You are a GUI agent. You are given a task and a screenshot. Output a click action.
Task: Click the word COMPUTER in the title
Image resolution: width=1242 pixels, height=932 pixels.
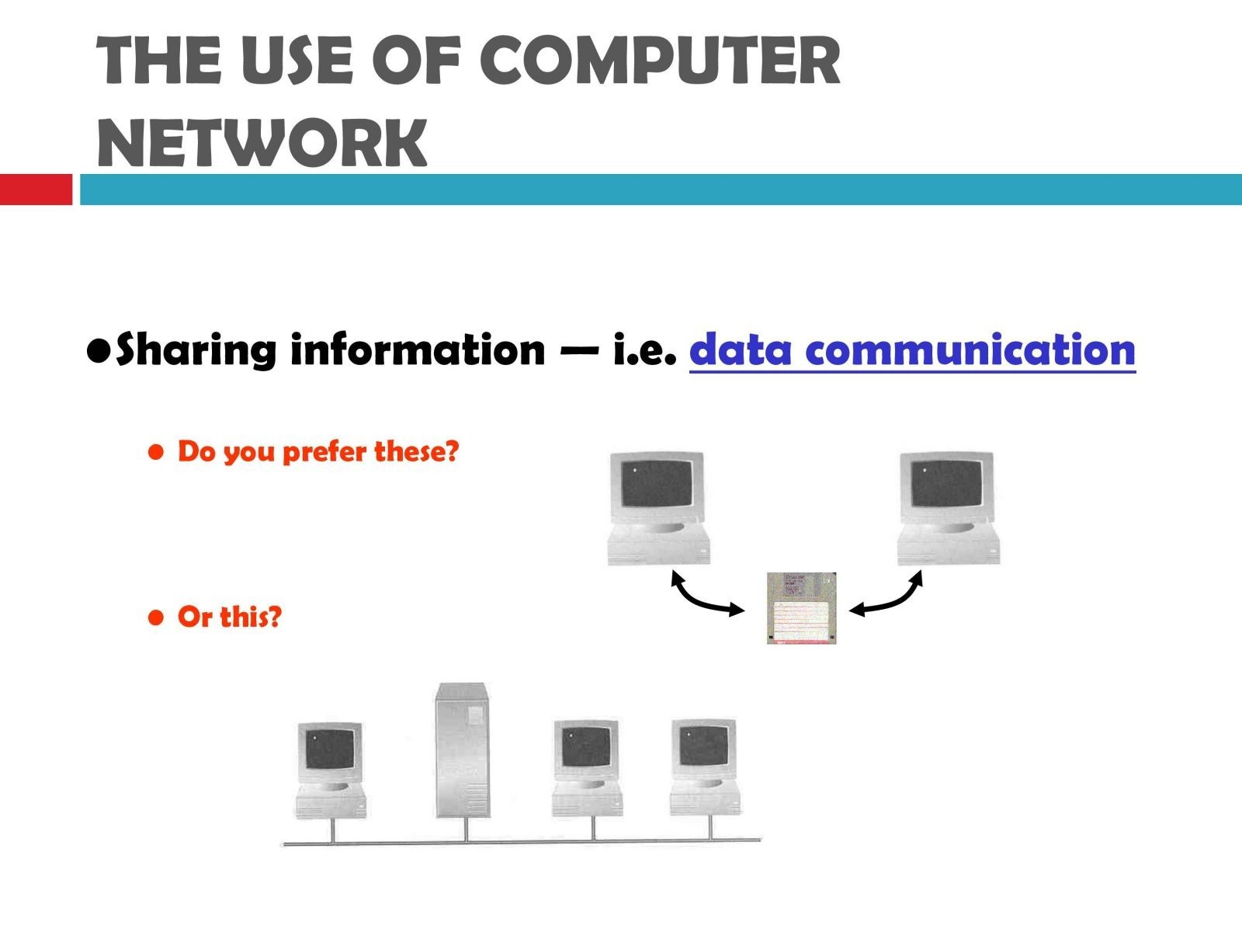660,60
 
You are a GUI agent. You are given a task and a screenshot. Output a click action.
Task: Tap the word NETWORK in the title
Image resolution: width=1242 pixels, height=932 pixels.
262,142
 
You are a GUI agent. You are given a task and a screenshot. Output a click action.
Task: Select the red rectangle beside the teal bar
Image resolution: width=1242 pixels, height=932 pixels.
36,189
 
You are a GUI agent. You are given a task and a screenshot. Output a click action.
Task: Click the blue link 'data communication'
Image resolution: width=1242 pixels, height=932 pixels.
912,349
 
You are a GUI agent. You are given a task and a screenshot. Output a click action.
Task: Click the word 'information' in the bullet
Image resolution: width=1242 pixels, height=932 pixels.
418,349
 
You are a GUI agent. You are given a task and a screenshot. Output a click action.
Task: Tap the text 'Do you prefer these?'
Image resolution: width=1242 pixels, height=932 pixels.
318,451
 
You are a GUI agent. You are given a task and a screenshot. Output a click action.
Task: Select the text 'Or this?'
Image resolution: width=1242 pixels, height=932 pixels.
229,616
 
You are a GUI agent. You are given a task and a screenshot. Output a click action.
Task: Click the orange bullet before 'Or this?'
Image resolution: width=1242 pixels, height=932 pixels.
155,617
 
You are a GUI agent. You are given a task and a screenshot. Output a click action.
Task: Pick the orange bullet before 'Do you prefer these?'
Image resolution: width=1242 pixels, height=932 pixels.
155,451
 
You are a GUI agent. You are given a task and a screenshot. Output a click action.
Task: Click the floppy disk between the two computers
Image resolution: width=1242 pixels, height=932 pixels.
801,608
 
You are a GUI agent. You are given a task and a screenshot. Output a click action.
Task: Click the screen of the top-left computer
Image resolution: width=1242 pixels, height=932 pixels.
657,484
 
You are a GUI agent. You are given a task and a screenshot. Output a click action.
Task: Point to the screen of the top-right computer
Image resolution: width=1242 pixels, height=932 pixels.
946,484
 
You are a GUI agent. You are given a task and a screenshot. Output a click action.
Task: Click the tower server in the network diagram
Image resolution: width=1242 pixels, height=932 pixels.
462,749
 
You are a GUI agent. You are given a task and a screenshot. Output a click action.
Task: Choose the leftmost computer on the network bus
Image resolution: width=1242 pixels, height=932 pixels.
331,770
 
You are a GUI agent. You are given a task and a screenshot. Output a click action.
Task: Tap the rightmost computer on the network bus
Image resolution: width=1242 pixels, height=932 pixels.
705,767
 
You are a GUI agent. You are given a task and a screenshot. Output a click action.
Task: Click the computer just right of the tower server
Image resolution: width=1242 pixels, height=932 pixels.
587,768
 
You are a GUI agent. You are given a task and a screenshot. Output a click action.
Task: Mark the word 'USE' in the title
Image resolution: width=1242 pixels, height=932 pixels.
297,60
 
